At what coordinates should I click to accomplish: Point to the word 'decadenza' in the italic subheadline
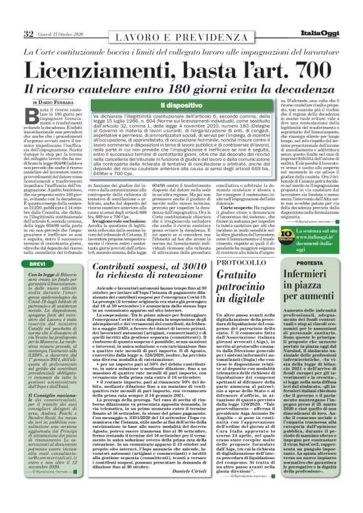(x=286, y=89)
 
